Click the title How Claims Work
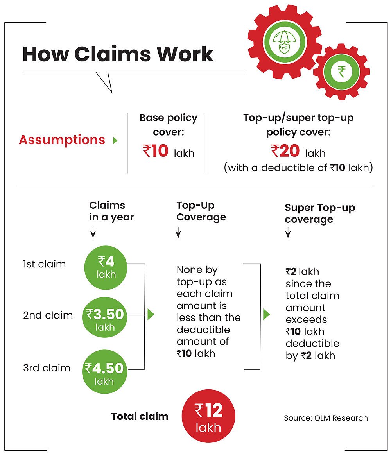[x=118, y=54]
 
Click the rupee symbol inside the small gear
[x=341, y=72]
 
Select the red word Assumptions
[x=62, y=140]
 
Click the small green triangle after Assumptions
[x=115, y=140]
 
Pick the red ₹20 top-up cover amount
[x=285, y=151]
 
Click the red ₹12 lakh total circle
[x=208, y=416]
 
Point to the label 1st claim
[x=45, y=264]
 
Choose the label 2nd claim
[x=48, y=315]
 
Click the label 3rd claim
[x=47, y=368]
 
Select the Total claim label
[x=140, y=416]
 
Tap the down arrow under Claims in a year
[x=93, y=233]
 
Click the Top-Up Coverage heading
[x=201, y=211]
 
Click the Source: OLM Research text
[x=326, y=418]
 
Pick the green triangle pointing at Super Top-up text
[x=267, y=314]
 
